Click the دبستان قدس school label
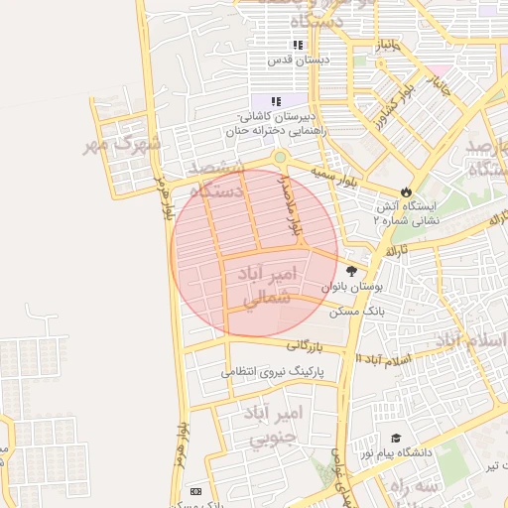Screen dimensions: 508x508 (x=297, y=61)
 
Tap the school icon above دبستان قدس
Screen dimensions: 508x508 (x=297, y=45)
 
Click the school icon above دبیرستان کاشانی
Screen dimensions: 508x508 (x=276, y=101)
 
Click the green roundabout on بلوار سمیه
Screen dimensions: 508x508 (x=280, y=157)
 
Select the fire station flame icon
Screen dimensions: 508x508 (x=406, y=190)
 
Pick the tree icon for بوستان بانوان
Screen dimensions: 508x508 (x=350, y=270)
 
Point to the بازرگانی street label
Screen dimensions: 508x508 (x=308, y=345)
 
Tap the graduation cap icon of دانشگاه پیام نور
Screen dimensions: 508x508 (x=396, y=438)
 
